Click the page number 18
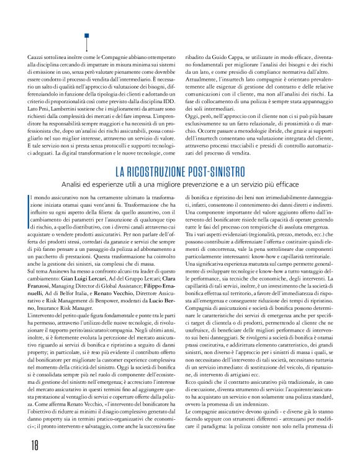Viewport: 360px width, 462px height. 17,445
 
